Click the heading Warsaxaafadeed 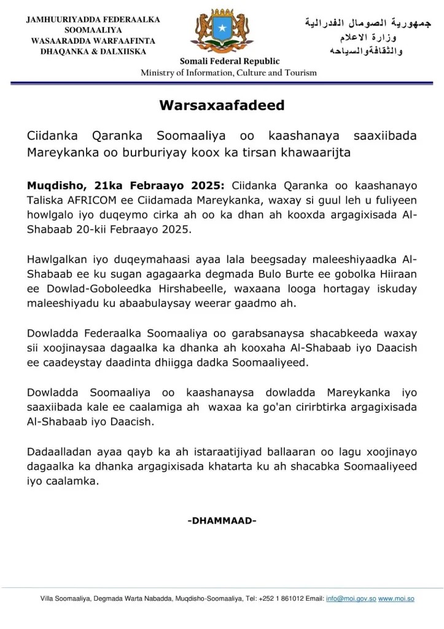[x=222, y=105]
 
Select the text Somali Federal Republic [x=229, y=61]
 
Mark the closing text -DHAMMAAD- [x=222, y=521]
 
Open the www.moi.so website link [x=396, y=598]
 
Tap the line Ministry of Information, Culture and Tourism [x=228, y=72]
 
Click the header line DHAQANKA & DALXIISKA [x=93, y=51]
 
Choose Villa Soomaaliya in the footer [x=66, y=598]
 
